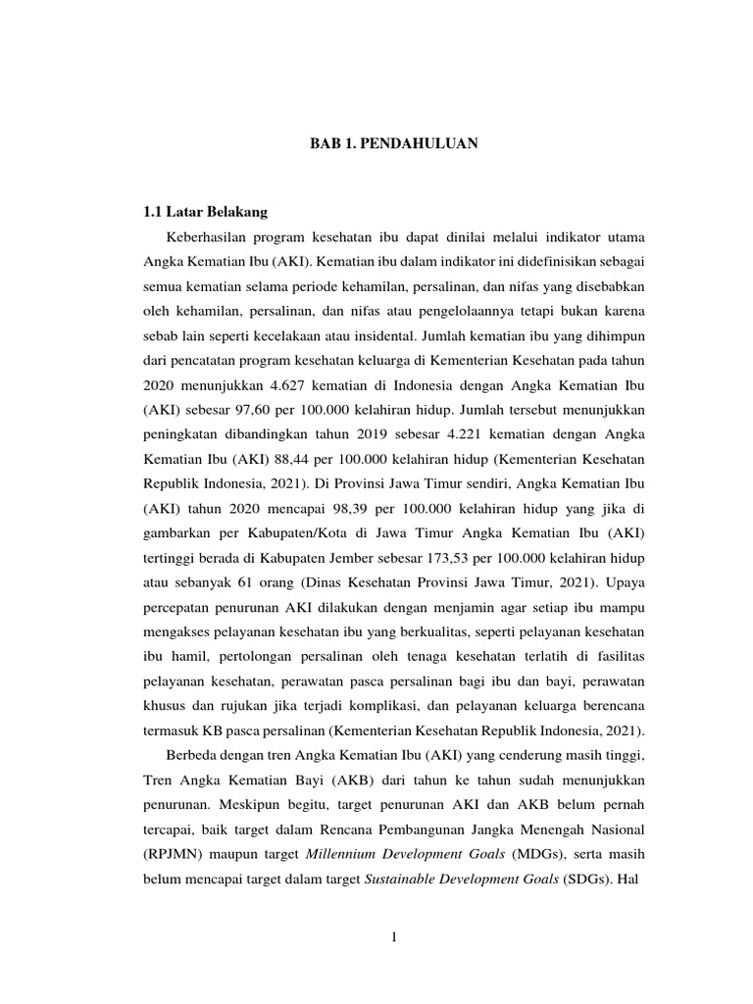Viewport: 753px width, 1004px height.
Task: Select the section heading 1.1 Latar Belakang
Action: [x=205, y=211]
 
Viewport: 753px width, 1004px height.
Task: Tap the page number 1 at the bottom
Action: [x=393, y=937]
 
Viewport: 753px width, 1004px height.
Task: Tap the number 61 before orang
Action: [x=235, y=613]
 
